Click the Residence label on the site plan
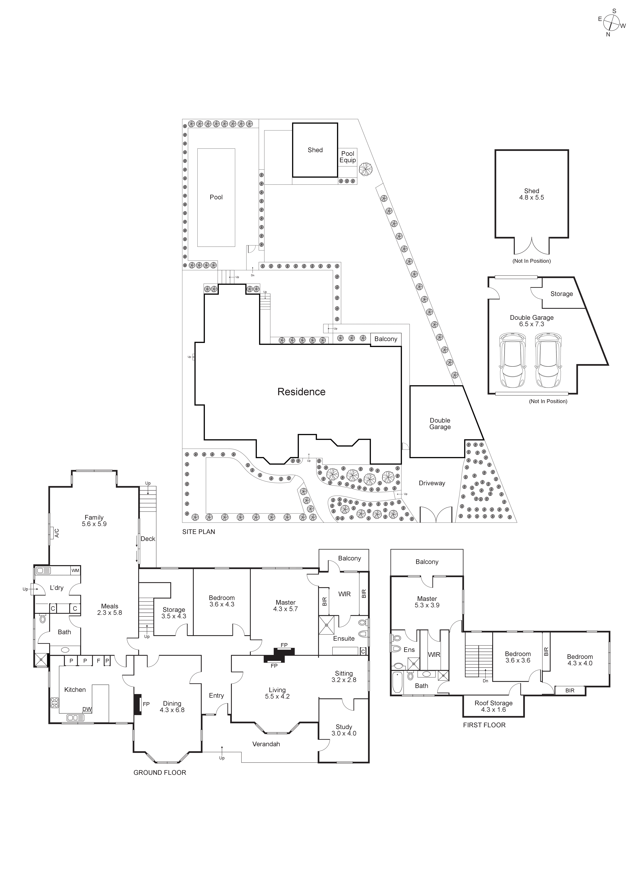pyautogui.click(x=301, y=392)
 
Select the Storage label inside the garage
pyautogui.click(x=561, y=294)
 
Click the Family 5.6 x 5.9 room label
pyautogui.click(x=94, y=521)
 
